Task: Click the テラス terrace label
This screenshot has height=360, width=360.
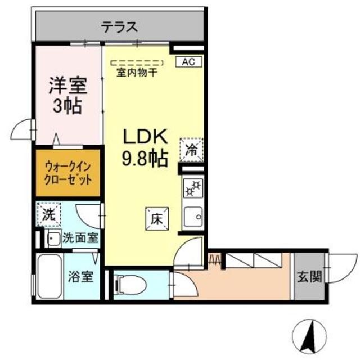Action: point(120,27)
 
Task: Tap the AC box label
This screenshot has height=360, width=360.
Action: point(188,62)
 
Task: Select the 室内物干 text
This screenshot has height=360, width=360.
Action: point(137,73)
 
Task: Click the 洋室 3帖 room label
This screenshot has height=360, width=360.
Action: point(67,96)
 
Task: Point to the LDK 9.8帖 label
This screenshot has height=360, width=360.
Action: point(145,148)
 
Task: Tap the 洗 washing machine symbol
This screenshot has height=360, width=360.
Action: point(48,214)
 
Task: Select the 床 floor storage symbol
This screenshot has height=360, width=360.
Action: point(156,218)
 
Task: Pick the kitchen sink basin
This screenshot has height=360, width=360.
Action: point(192,216)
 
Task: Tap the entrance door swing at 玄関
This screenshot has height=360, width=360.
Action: point(336,267)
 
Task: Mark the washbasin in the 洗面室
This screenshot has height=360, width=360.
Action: point(53,238)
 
